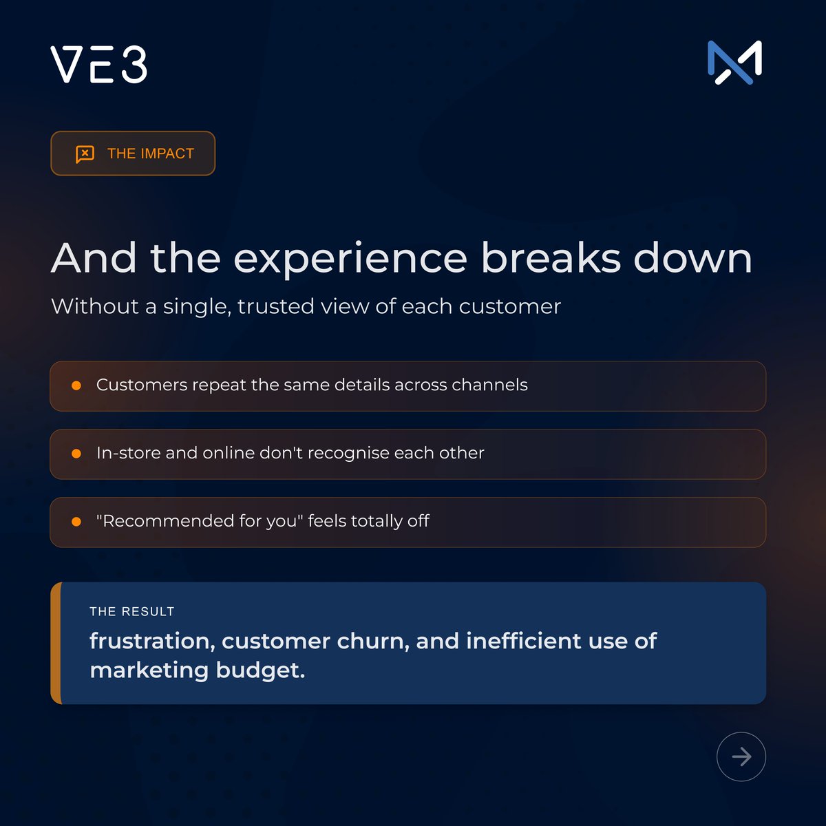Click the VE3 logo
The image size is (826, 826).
pyautogui.click(x=99, y=65)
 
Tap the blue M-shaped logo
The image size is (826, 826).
pyautogui.click(x=734, y=63)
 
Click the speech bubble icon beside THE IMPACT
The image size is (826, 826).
pyautogui.click(x=85, y=153)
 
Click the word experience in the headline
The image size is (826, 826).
pyautogui.click(x=350, y=260)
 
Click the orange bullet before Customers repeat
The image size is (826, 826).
pyautogui.click(x=76, y=385)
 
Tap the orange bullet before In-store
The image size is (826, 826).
pyautogui.click(x=76, y=454)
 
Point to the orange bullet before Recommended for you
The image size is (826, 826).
pyautogui.click(x=76, y=522)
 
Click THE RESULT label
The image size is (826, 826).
pyautogui.click(x=132, y=611)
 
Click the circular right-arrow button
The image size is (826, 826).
pyautogui.click(x=741, y=756)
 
